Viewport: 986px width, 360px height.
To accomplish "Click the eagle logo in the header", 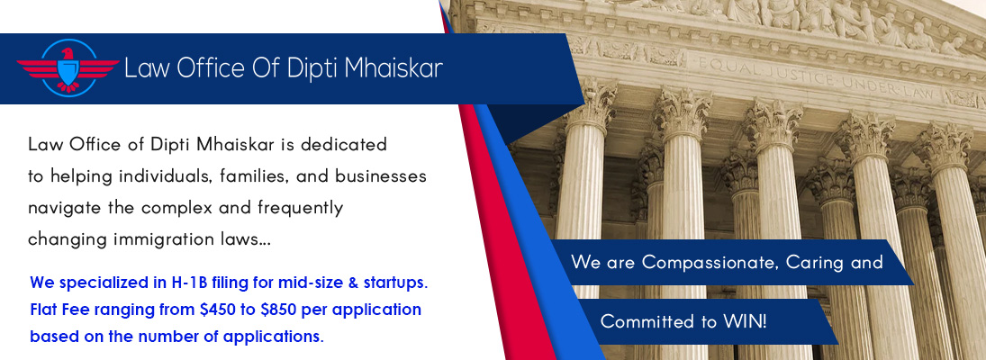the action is [x=68, y=67].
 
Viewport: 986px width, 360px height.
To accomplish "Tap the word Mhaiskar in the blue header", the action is [x=390, y=67].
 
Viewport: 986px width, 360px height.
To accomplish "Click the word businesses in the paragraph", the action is [x=380, y=175].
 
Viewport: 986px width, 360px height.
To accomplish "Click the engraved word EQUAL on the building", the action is [x=722, y=66].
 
